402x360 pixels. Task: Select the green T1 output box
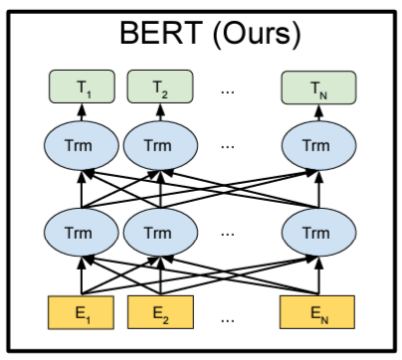click(x=85, y=88)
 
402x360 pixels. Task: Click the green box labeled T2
click(x=159, y=88)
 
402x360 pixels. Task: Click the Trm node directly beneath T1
click(x=85, y=145)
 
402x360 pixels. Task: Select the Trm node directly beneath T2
click(x=159, y=145)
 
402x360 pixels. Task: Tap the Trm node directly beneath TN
click(x=314, y=145)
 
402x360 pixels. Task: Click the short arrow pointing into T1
click(x=85, y=112)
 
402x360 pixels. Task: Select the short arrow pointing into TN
click(x=314, y=112)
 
